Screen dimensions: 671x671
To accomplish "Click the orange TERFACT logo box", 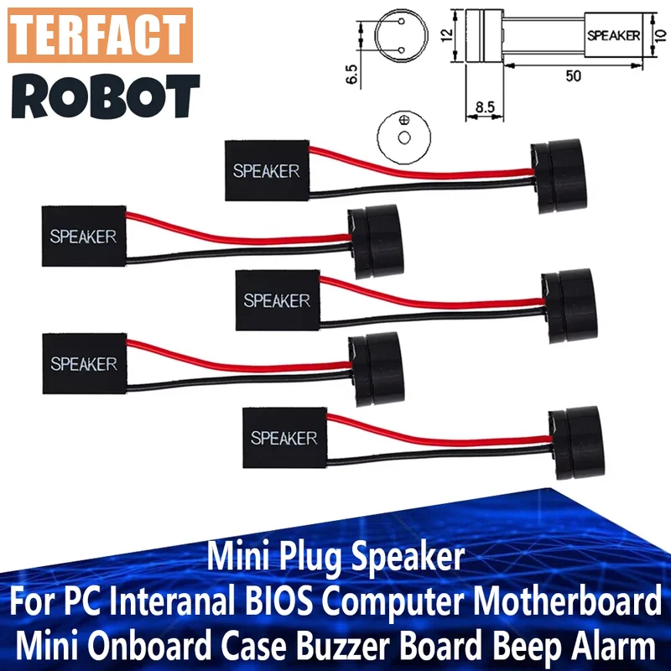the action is (100, 35).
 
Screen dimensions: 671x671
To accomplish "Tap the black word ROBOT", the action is (106, 96).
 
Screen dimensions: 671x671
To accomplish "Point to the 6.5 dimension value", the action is (351, 74).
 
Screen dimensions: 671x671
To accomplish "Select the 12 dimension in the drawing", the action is (446, 35).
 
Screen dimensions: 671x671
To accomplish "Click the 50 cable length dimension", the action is (573, 76).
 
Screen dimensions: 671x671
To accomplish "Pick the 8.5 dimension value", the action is (485, 107).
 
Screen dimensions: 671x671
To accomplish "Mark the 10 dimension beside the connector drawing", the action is (660, 35).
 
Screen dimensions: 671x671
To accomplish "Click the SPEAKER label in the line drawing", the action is (613, 35).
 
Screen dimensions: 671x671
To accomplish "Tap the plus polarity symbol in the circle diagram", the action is (404, 119).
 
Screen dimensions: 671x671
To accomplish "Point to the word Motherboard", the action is (567, 601).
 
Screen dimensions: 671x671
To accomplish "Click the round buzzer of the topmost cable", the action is (558, 175).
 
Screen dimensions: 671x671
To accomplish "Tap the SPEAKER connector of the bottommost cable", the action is (284, 437).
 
